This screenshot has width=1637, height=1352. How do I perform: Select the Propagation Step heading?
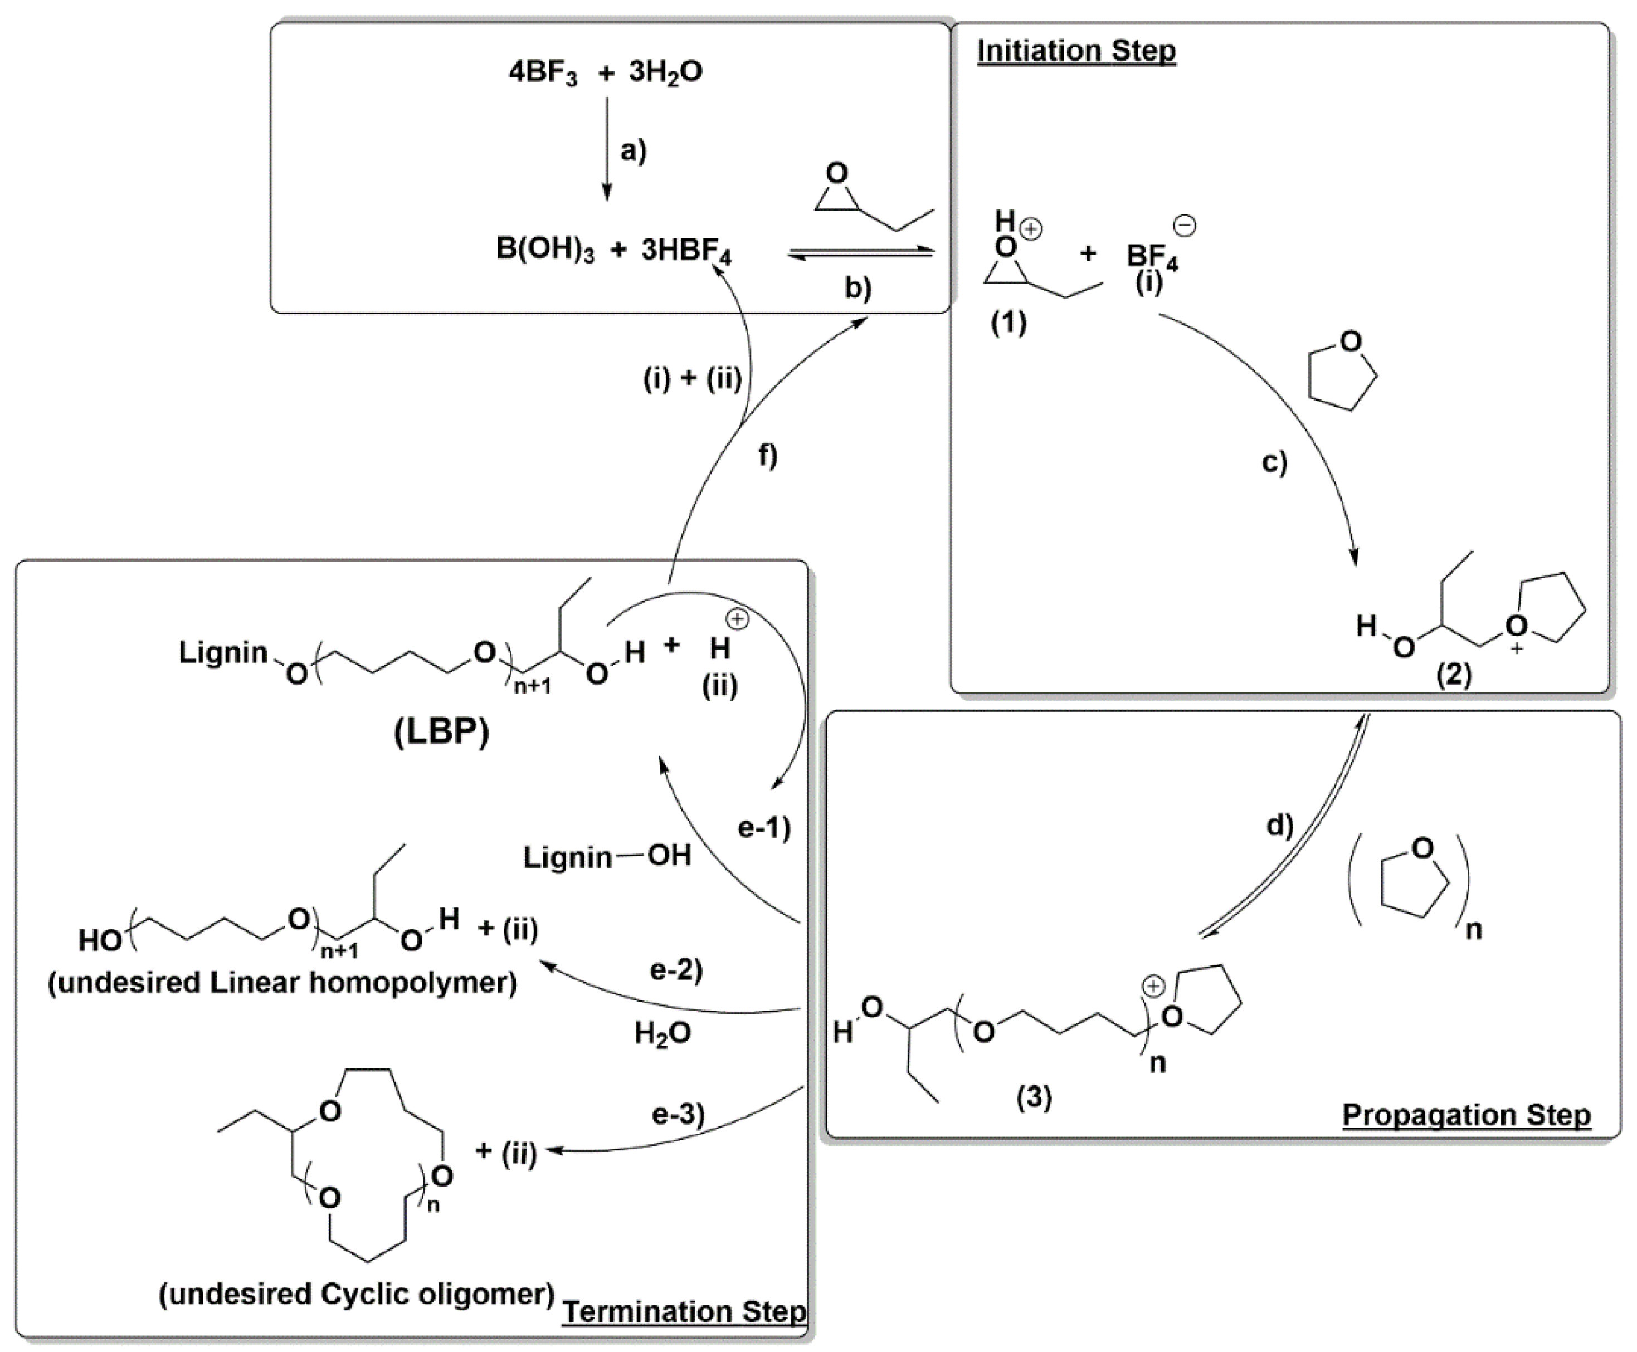pos(1466,1115)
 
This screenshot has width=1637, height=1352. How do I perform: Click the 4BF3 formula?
pos(543,72)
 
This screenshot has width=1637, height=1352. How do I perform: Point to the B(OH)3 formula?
pos(544,250)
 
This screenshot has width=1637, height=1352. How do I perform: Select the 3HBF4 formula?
pos(685,252)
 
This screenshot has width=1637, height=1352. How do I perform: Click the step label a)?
pos(633,150)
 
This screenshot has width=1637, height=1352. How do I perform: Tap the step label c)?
pos(1274,462)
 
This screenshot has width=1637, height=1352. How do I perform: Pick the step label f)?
pos(768,455)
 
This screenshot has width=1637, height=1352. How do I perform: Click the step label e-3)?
pos(678,1115)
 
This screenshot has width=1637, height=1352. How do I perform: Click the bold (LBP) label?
pos(442,731)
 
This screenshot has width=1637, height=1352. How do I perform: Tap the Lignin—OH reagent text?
pos(607,857)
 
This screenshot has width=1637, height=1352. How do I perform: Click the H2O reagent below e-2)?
pos(662,1033)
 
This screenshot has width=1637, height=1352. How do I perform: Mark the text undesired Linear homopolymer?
pos(282,982)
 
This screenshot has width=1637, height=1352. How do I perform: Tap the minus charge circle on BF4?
pos(1185,226)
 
